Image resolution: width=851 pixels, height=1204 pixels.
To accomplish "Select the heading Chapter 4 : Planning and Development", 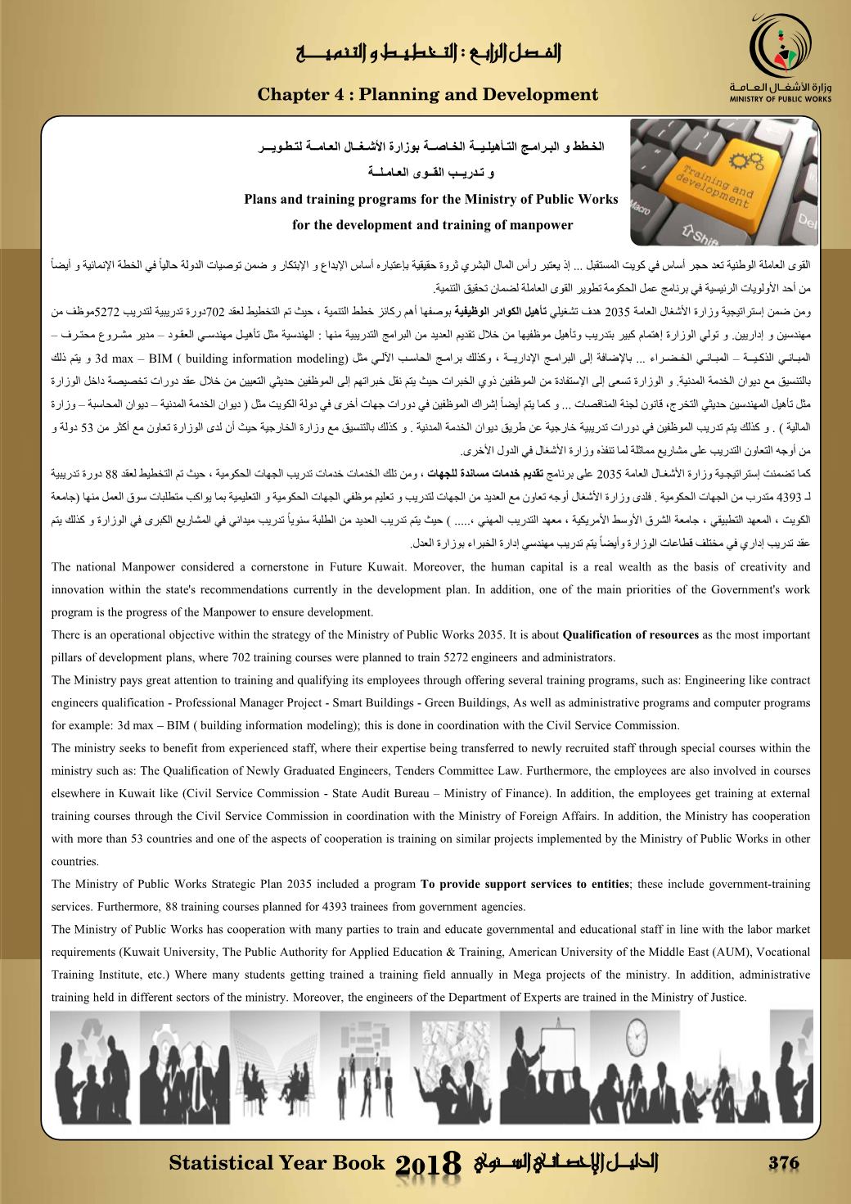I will [x=427, y=95].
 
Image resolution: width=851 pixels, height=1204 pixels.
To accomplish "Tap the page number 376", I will [x=782, y=1163].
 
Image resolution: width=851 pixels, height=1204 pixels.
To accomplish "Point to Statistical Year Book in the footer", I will [x=276, y=1163].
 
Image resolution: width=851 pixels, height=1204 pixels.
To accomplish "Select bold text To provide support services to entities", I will [x=525, y=884].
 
